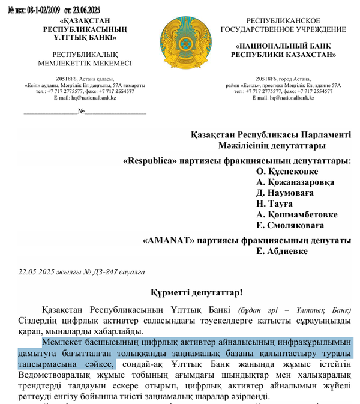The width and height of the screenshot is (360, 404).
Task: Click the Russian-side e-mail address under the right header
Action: click(283, 97)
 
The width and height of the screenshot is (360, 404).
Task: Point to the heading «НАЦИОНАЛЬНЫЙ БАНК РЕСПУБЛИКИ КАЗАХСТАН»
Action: click(283, 49)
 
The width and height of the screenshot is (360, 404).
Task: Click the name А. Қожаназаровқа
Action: click(295, 182)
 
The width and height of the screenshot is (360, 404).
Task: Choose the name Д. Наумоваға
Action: click(285, 193)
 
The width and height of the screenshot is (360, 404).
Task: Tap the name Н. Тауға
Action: click(276, 204)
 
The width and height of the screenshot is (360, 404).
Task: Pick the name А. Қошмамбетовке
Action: click(296, 214)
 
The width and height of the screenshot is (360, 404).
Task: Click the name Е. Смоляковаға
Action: click(290, 225)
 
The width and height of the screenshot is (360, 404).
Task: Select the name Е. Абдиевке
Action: click(282, 251)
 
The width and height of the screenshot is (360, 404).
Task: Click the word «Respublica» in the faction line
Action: click(148, 160)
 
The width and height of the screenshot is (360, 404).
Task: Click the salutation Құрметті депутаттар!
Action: click(196, 292)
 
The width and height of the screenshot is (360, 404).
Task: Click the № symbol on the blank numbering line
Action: click(81, 111)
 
